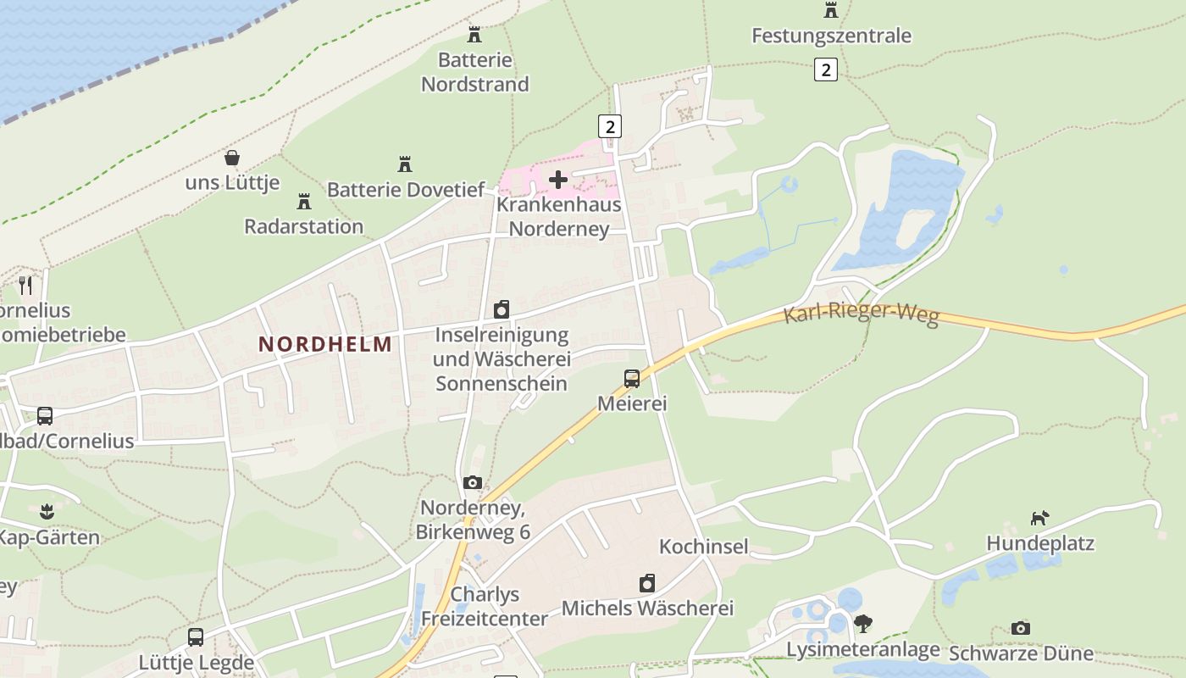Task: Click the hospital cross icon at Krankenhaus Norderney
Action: point(558,180)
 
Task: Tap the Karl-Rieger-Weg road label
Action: point(861,314)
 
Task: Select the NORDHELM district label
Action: point(325,344)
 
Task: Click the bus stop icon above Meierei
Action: point(632,379)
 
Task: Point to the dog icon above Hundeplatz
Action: point(1039,518)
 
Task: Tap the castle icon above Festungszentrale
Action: point(831,10)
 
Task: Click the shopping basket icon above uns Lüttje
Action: point(232,158)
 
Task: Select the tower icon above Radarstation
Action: point(304,202)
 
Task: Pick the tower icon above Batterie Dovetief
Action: point(405,164)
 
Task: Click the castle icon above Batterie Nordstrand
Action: point(474,35)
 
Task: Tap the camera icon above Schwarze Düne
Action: point(1021,628)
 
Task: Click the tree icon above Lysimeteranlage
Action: point(863,624)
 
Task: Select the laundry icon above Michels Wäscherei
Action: point(647,583)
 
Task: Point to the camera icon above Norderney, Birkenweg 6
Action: point(473,483)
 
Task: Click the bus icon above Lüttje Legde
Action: point(196,637)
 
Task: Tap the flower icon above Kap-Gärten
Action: point(46,512)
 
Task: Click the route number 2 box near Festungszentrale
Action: point(825,69)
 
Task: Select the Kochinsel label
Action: point(704,547)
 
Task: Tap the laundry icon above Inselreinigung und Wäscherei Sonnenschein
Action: point(502,309)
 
